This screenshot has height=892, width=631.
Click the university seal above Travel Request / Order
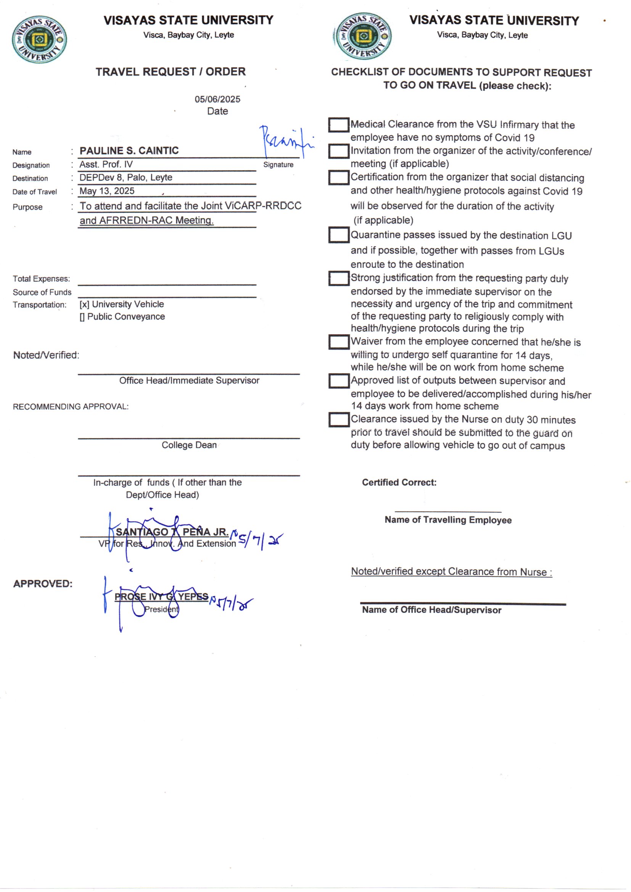[x=39, y=39]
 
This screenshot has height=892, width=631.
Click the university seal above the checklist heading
[x=363, y=36]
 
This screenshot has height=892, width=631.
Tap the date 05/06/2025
[x=217, y=99]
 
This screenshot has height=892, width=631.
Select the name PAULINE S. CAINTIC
[x=129, y=151]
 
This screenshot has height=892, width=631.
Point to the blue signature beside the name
[x=285, y=142]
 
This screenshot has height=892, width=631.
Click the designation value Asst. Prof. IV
[x=106, y=164]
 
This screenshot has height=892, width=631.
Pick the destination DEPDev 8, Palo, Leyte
[x=126, y=177]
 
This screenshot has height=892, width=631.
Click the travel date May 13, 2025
[x=107, y=191]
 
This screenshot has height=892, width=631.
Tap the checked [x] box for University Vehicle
[x=84, y=304]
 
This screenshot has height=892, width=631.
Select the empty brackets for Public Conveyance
[x=82, y=317]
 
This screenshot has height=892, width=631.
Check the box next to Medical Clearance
[x=338, y=125]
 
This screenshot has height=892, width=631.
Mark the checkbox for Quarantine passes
[x=338, y=235]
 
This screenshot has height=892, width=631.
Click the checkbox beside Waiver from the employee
[x=338, y=342]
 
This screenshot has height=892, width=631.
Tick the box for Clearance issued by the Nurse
[x=338, y=420]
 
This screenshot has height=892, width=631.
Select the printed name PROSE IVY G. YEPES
[x=161, y=596]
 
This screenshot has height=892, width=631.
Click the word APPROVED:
[x=43, y=583]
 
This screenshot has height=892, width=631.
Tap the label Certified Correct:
[x=399, y=482]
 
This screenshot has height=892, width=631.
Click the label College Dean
[x=189, y=445]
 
